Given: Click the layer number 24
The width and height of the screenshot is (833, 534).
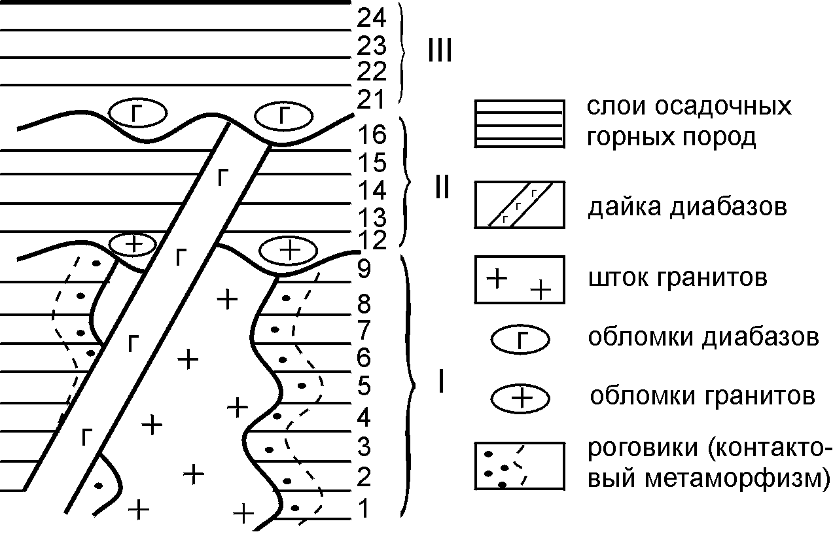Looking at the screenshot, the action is pos(372,18).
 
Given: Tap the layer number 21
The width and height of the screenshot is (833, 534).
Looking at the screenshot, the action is pos(370,99).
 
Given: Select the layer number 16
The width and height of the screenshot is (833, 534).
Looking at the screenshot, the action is pos(372,135).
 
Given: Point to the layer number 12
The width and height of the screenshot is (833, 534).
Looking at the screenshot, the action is pos(372,240).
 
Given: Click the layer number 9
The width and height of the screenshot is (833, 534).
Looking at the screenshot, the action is pos(364,268).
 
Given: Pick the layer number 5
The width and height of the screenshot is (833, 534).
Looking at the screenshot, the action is pos(364,385).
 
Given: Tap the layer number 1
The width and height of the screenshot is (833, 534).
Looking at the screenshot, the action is pos(364,508).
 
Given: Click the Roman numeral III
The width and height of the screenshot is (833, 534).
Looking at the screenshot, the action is pos(440,50).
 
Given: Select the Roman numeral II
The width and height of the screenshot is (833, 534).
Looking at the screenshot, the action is pos(442,187).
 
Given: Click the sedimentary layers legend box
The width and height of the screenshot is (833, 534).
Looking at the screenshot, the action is pos(520,124).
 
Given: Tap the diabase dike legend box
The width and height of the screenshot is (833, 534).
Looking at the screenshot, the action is pos(520,205).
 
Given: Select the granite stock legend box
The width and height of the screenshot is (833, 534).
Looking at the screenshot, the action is pos(520,279).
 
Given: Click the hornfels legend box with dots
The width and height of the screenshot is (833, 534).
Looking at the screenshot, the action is pos(520,465).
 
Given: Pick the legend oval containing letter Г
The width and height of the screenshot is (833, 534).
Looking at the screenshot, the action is pos(520,339).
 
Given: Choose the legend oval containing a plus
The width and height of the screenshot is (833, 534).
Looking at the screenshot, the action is pos(520,399).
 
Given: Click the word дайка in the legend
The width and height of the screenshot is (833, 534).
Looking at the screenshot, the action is pos(624,207).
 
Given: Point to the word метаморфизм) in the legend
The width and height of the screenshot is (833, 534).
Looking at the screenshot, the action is pos(738,479).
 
